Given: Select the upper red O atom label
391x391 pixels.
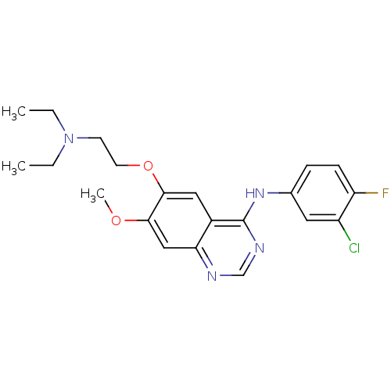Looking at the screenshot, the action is point(146,166).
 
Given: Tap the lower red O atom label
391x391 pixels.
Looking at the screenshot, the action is point(116,221).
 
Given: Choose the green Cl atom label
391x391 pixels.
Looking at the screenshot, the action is point(353,248).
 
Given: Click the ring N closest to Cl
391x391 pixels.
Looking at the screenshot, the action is point(259,249).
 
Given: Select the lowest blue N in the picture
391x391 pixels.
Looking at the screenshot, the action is point(212,275).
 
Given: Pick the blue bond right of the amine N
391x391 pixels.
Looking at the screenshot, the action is point(83,138).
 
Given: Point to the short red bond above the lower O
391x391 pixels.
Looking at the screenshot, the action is point(109,210).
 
